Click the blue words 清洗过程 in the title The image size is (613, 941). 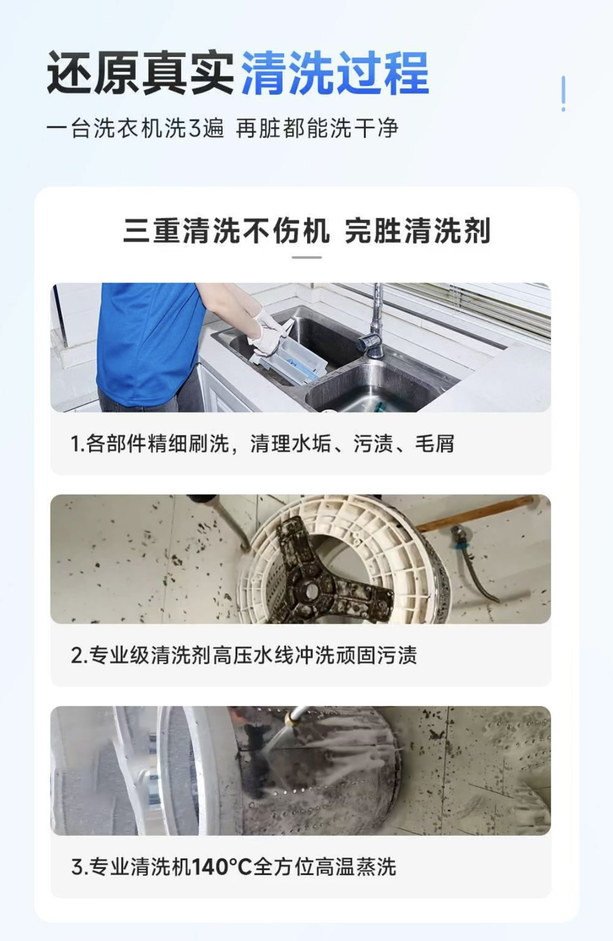coord(335,73)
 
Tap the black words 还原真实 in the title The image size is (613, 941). coord(140,73)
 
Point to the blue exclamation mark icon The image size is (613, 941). coord(563,94)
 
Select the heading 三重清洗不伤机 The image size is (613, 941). coord(226,230)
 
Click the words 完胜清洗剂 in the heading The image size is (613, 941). coord(417,230)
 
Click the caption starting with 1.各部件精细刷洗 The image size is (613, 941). coord(262,444)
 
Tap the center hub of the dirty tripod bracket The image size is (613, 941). coord(311,591)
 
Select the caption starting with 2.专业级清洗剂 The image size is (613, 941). coord(244,655)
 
